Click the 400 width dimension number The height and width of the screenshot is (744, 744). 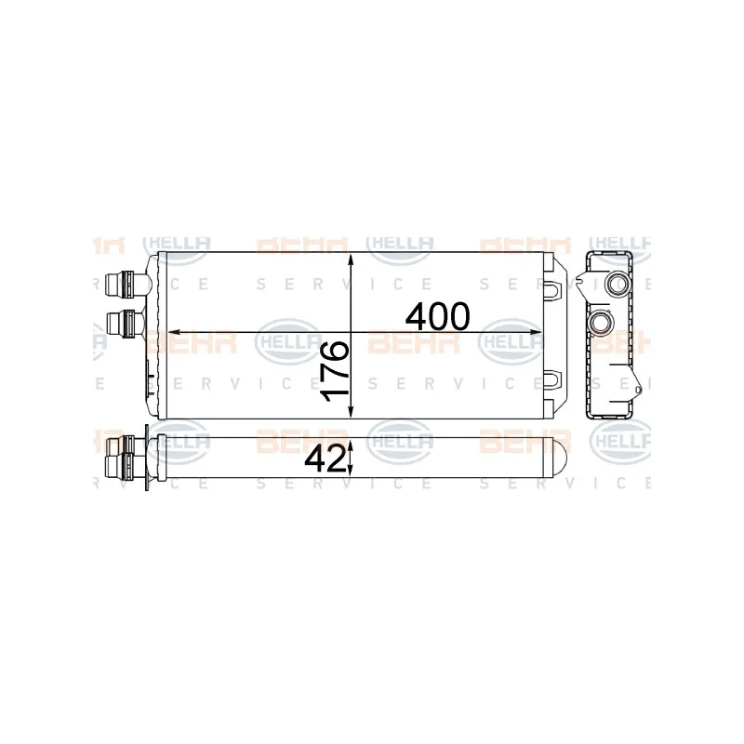coord(437,317)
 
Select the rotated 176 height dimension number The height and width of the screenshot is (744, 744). coord(335,370)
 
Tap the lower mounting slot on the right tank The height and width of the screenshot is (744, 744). coord(554,379)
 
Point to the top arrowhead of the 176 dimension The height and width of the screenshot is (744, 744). coord(350,259)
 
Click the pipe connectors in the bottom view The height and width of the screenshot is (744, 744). coord(121,457)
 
